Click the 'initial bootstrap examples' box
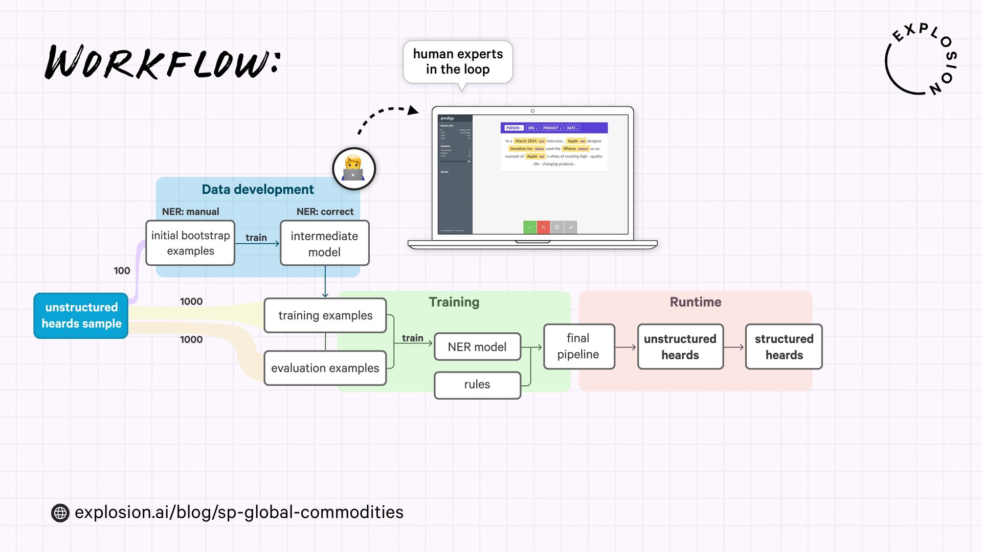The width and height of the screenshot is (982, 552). [x=190, y=243]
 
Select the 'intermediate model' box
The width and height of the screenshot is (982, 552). [x=325, y=243]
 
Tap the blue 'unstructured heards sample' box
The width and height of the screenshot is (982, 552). [x=81, y=315]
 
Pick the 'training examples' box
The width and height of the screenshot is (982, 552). [x=325, y=315]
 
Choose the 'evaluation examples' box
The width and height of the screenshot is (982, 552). [x=325, y=368]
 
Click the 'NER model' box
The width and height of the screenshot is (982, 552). [x=477, y=347]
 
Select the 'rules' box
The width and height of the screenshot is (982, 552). [x=477, y=384]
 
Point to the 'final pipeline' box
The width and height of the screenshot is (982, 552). [x=578, y=346]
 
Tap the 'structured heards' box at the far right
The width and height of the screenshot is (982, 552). [x=784, y=347]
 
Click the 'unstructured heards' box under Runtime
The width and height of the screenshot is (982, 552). [x=680, y=347]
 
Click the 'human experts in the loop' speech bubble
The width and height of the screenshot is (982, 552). [x=458, y=62]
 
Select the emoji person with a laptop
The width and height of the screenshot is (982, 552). [x=353, y=169]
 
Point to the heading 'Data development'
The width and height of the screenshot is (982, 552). [x=257, y=190]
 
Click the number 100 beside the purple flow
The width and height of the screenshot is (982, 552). [x=122, y=271]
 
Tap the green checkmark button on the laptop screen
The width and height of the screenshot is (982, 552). [x=530, y=227]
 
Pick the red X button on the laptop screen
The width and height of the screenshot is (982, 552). [x=543, y=227]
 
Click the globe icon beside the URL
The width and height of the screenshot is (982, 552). [x=60, y=513]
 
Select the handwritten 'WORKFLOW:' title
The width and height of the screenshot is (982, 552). [x=163, y=62]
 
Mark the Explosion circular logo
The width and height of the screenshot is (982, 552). [x=921, y=60]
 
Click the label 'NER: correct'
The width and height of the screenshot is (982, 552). [x=325, y=212]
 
